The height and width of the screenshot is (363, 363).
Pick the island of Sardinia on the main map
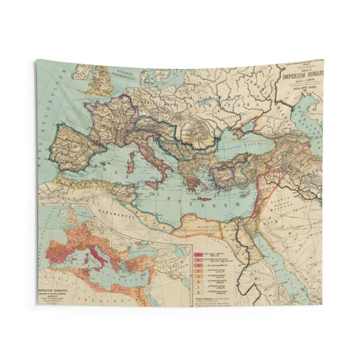click(130, 166)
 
